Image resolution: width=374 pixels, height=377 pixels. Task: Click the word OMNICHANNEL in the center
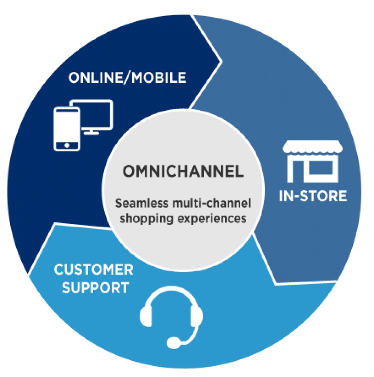[183, 172]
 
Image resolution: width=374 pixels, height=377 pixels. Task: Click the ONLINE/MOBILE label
[127, 77]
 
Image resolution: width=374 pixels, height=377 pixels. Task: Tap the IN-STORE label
[313, 195]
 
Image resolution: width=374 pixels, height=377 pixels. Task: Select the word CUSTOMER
[94, 270]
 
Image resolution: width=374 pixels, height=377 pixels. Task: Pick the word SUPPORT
[96, 287]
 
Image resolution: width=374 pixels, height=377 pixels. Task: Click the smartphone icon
[67, 129]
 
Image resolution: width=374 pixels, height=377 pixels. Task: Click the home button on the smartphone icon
[67, 145]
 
